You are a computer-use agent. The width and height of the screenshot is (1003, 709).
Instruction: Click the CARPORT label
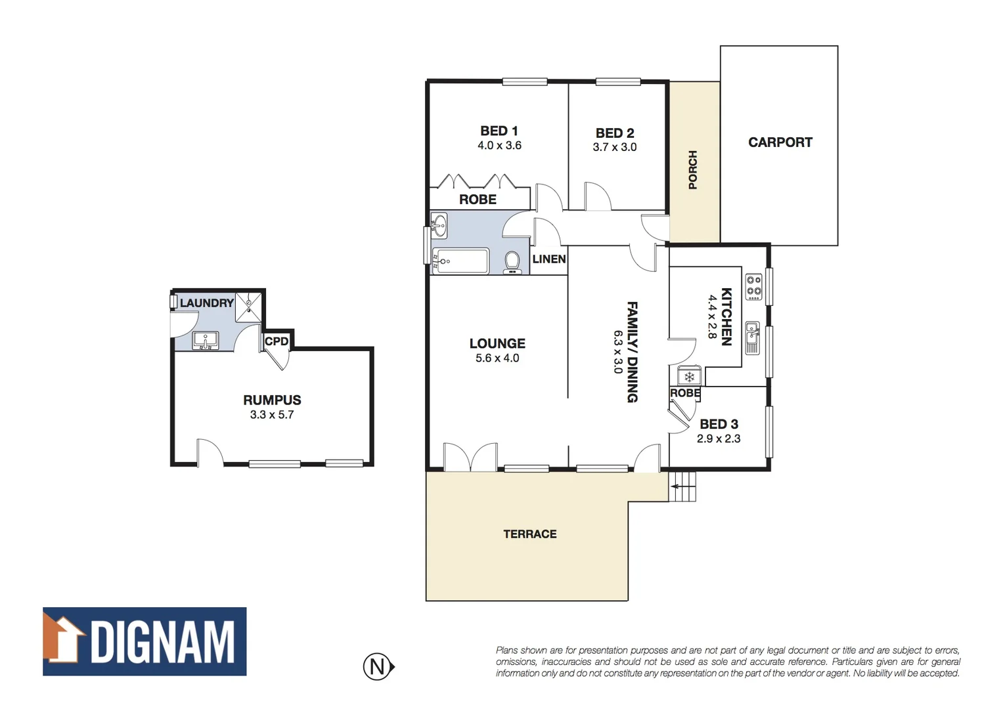[x=780, y=142]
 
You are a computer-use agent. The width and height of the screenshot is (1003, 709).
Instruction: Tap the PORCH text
[x=692, y=170]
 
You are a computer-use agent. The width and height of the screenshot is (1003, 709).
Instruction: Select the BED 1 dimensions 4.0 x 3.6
[x=499, y=146]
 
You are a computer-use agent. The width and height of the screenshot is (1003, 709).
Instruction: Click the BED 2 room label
[x=615, y=133]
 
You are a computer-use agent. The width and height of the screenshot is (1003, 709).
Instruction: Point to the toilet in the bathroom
[x=512, y=263]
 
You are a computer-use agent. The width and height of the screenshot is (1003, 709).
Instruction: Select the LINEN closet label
[x=548, y=259]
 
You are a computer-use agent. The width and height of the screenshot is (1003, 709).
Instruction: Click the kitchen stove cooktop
[x=753, y=287]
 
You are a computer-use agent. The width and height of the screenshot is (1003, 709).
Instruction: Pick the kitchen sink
[x=752, y=337]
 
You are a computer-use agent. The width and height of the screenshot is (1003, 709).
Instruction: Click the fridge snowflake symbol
[x=689, y=377]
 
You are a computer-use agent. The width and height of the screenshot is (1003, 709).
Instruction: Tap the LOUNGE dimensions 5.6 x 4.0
[x=497, y=358]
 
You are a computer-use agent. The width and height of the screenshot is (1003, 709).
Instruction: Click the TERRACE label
[x=529, y=534]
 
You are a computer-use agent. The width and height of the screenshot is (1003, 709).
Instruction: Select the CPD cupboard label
[x=277, y=341]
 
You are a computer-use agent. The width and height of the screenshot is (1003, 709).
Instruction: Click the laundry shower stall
[x=248, y=307]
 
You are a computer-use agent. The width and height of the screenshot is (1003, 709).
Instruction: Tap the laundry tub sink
[x=206, y=341]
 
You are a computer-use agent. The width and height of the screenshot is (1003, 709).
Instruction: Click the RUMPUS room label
[x=272, y=400]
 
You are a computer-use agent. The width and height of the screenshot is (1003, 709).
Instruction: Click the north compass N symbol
[x=378, y=667]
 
